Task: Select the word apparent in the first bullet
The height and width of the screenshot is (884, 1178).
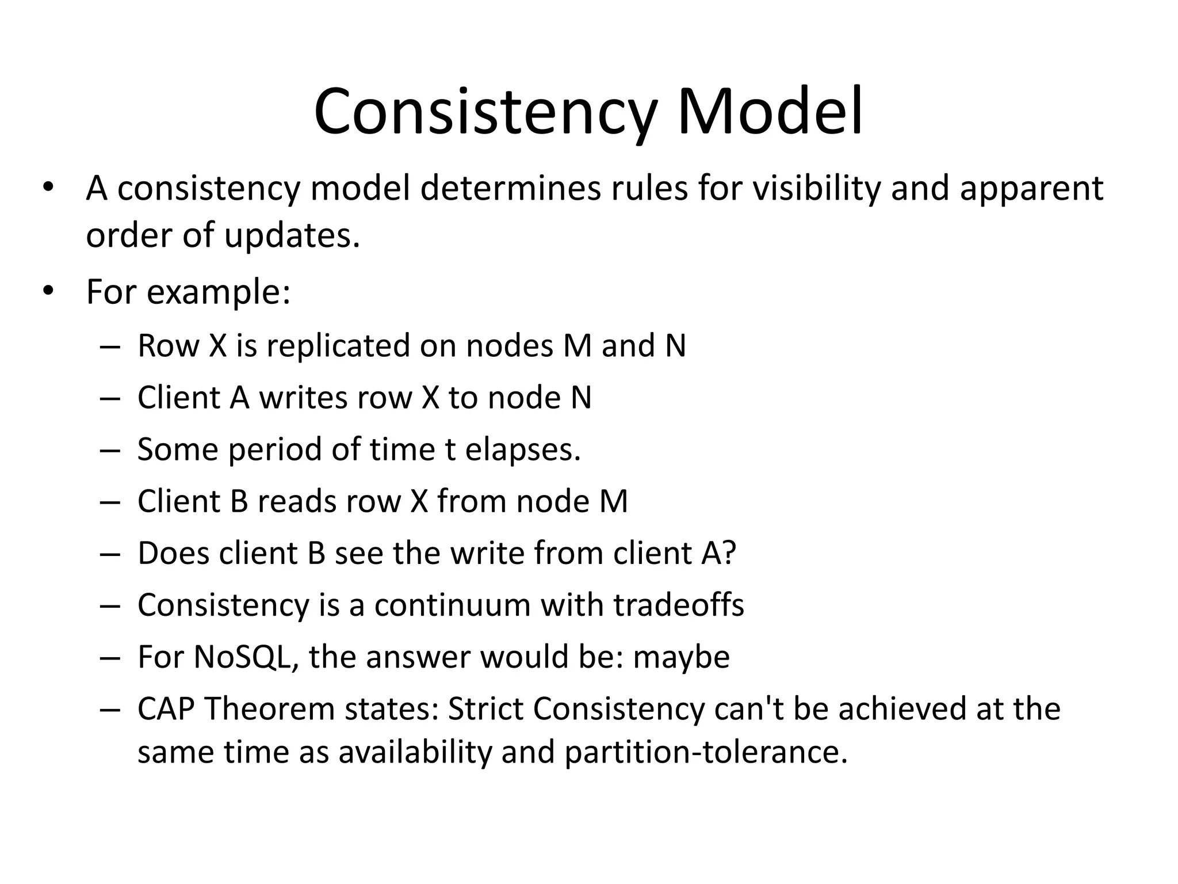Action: (1032, 188)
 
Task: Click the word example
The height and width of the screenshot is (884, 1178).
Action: (218, 292)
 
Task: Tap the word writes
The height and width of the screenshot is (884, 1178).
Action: (303, 398)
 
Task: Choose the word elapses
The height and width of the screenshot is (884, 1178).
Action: (522, 449)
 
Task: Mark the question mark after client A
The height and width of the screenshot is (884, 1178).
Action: (729, 553)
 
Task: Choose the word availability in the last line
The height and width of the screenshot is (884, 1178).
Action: (415, 752)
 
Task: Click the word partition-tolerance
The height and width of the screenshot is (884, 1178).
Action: (706, 752)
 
